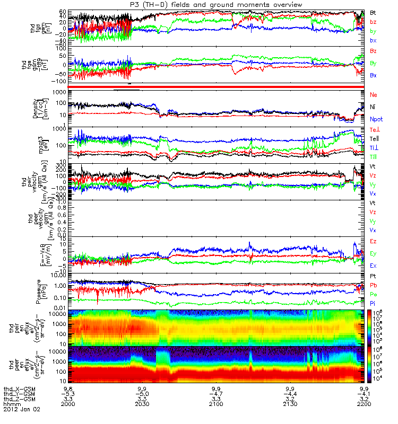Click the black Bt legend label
click(373, 12)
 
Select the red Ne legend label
click(373, 94)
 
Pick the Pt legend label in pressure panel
click(373, 277)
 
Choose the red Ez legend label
click(373, 241)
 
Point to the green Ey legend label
click(373, 253)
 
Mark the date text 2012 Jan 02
click(21, 410)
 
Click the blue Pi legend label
click(373, 303)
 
